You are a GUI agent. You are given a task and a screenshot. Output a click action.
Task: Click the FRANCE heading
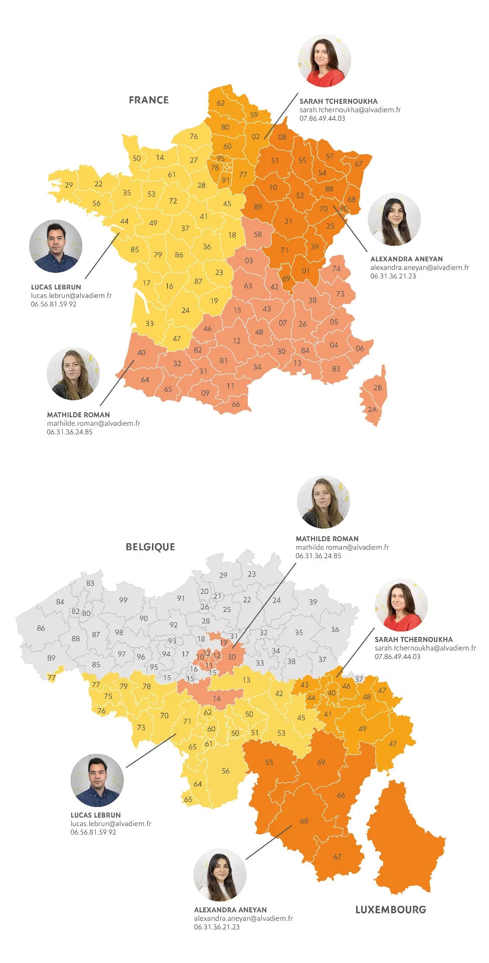pyautogui.click(x=148, y=100)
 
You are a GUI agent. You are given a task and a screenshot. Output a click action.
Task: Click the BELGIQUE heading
pyautogui.click(x=150, y=547)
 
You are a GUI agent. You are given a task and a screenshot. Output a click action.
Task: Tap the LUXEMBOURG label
pyautogui.click(x=390, y=909)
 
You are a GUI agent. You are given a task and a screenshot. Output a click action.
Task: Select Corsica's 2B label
pyautogui.click(x=378, y=388)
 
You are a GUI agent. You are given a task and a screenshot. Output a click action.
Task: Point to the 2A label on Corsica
pyautogui.click(x=372, y=409)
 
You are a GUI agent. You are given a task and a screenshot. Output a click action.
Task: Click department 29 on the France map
pyautogui.click(x=69, y=185)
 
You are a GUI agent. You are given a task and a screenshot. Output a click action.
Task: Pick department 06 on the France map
pyautogui.click(x=360, y=349)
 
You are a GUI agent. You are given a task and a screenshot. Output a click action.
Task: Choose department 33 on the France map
pyautogui.click(x=149, y=324)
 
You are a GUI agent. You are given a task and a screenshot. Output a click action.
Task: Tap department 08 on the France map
pyautogui.click(x=282, y=137)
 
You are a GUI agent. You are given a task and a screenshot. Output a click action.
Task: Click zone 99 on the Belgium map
pyautogui.click(x=123, y=600)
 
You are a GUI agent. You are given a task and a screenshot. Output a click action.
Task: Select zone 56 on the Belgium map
pyautogui.click(x=226, y=771)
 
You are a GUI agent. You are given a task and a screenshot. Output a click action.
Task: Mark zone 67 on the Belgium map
pyautogui.click(x=337, y=857)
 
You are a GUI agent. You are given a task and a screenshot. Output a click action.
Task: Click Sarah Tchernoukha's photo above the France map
pyautogui.click(x=324, y=61)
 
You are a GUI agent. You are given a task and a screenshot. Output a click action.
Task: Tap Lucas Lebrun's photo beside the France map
pyautogui.click(x=56, y=246)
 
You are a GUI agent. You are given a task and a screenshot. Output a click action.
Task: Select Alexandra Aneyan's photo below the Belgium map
pyautogui.click(x=220, y=875)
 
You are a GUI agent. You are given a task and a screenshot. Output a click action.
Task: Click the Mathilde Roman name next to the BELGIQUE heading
pyautogui.click(x=327, y=539)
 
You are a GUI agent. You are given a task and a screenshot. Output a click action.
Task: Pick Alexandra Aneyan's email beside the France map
pyautogui.click(x=419, y=267)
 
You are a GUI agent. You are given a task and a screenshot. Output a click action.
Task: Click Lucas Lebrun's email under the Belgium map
pyautogui.click(x=111, y=824)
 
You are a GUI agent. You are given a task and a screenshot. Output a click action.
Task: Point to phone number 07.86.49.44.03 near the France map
pyautogui.click(x=322, y=118)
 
